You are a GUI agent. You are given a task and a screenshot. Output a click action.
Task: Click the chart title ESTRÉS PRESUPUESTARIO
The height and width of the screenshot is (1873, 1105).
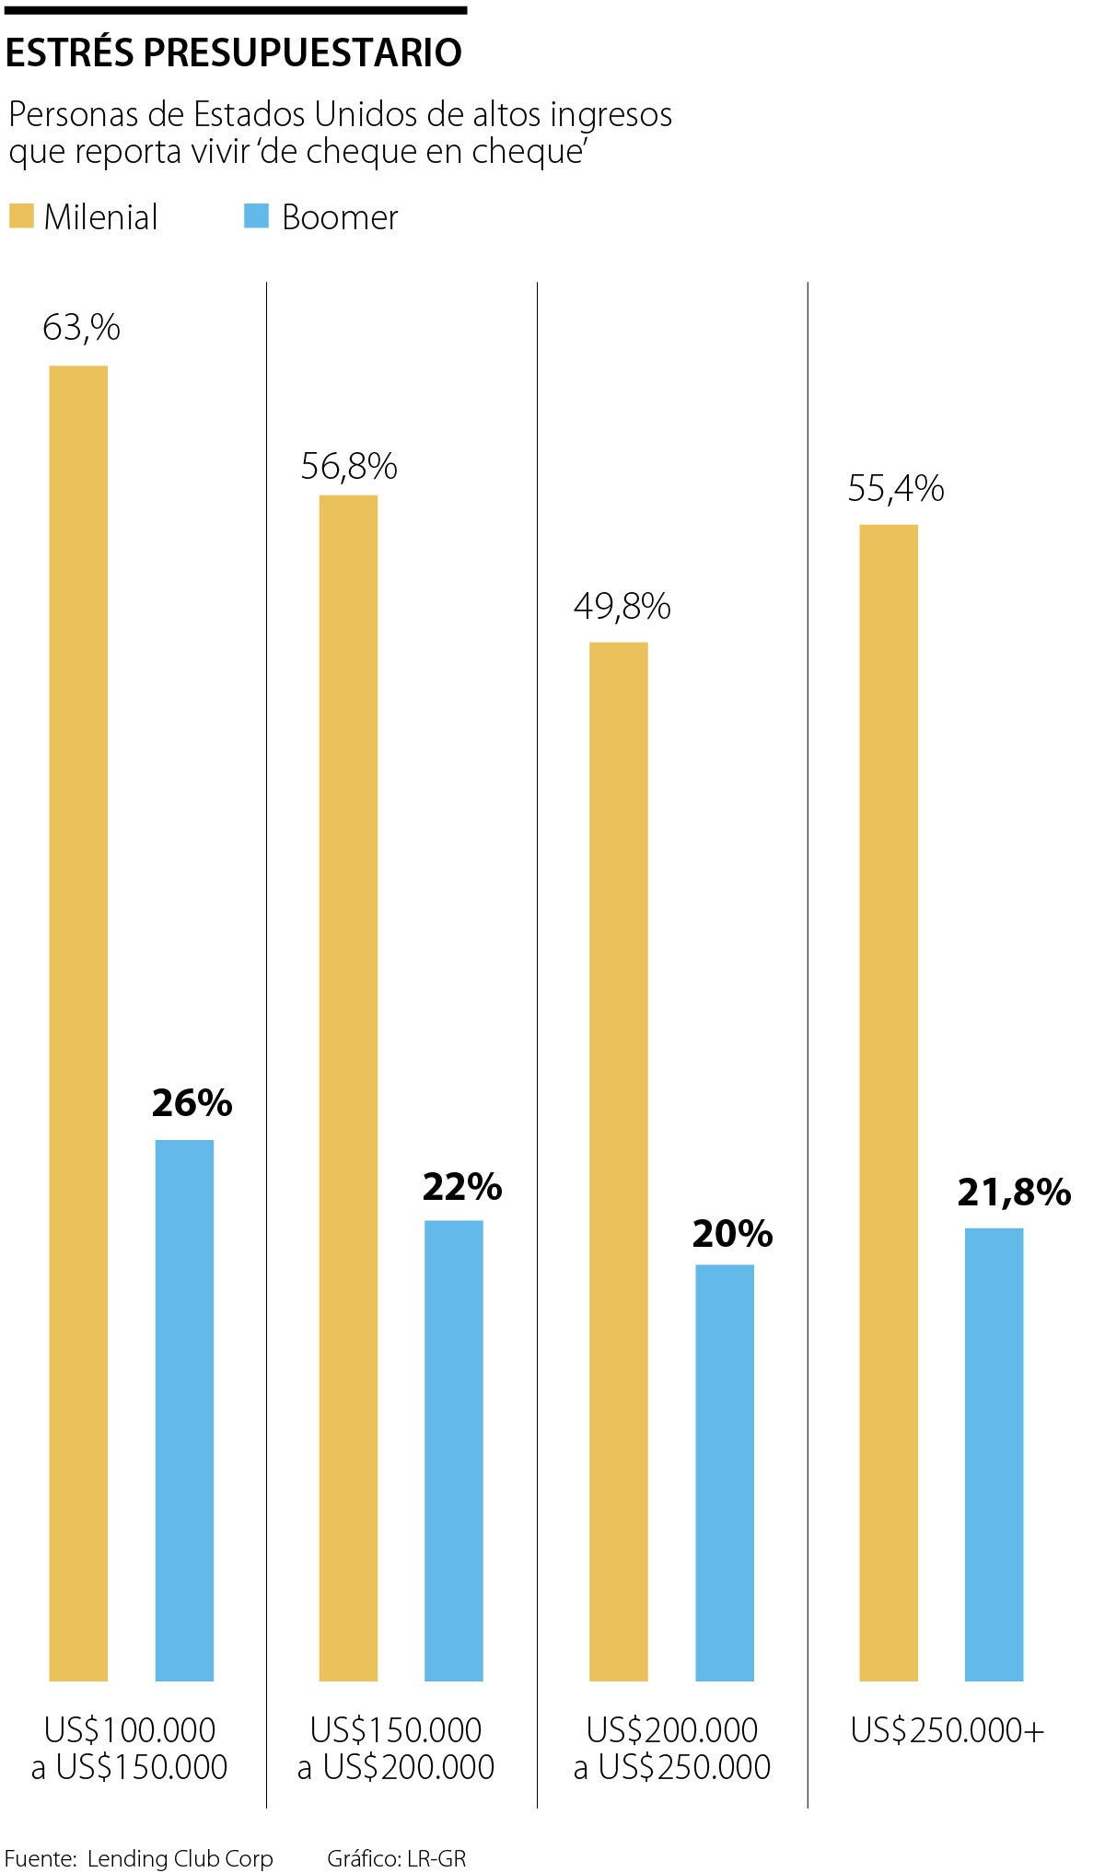pos(234,53)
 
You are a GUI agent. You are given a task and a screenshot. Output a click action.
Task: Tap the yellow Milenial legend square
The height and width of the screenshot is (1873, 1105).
pos(21,216)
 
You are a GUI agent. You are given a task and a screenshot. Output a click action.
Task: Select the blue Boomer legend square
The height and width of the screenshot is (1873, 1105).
pos(256,216)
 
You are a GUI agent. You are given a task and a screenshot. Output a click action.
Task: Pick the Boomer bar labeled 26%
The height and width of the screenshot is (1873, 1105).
pos(184,1409)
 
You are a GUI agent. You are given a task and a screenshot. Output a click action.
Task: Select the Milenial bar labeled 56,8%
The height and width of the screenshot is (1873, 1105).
pos(348,1087)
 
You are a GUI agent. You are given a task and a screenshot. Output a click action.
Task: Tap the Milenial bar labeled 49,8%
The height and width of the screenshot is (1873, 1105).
pos(619,1160)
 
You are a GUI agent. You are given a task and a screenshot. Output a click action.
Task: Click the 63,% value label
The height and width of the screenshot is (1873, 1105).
pos(81,328)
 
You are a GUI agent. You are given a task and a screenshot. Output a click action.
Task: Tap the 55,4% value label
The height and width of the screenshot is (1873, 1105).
pos(896,488)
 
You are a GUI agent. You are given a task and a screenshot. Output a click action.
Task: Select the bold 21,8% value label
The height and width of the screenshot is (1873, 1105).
pos(1014,1192)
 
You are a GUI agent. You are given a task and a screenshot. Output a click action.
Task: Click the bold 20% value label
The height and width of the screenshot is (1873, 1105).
pos(732,1234)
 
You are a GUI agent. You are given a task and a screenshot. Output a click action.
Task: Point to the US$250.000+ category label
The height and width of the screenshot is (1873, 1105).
pos(948,1731)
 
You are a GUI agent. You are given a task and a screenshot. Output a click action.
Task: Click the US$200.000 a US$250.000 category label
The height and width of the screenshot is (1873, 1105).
pos(672,1749)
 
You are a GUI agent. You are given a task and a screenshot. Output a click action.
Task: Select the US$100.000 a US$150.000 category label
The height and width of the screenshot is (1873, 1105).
pos(130,1749)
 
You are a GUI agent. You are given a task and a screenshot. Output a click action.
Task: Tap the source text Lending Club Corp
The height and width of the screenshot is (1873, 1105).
pos(180,1858)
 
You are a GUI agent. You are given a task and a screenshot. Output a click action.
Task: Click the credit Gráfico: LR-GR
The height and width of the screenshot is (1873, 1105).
pos(397,1858)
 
